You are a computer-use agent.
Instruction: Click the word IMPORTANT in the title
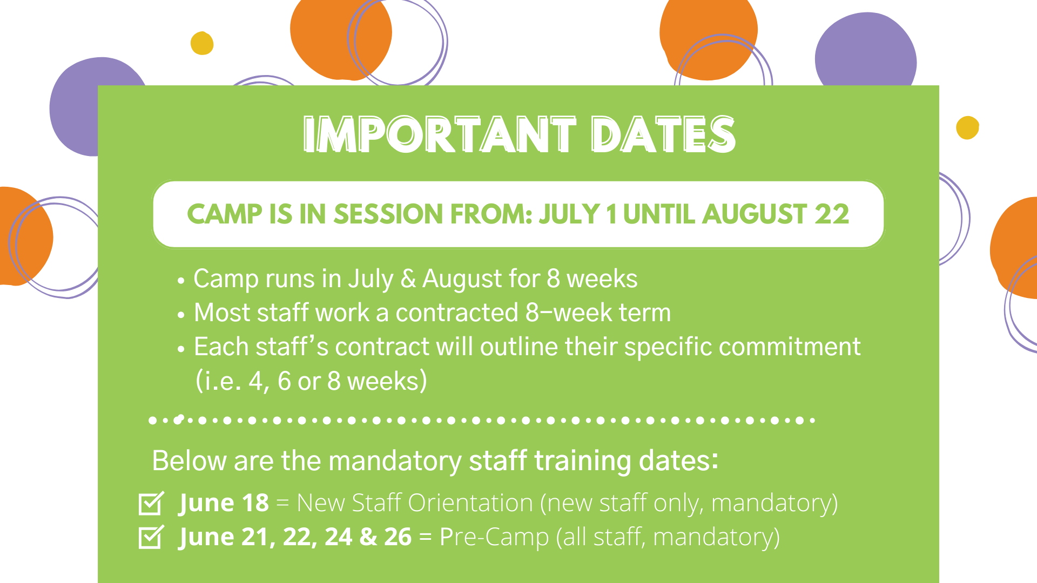(x=440, y=134)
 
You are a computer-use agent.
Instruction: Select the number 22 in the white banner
(x=832, y=214)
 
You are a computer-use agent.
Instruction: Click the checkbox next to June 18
(x=151, y=503)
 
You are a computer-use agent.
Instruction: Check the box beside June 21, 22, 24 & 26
(x=151, y=537)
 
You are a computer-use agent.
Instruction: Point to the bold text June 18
(x=224, y=503)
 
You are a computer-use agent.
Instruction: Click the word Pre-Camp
(x=494, y=537)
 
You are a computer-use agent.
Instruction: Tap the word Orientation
(x=470, y=503)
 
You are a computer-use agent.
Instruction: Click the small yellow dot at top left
(x=202, y=43)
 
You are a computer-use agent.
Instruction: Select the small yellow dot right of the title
(x=967, y=128)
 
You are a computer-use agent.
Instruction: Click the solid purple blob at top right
(x=865, y=51)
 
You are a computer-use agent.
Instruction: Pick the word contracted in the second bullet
(x=457, y=313)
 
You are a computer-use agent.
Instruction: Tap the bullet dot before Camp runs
(x=181, y=281)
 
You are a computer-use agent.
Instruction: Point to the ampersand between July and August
(x=408, y=279)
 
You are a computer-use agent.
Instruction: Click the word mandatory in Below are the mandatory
(x=395, y=462)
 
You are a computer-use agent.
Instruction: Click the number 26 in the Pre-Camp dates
(x=398, y=537)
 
